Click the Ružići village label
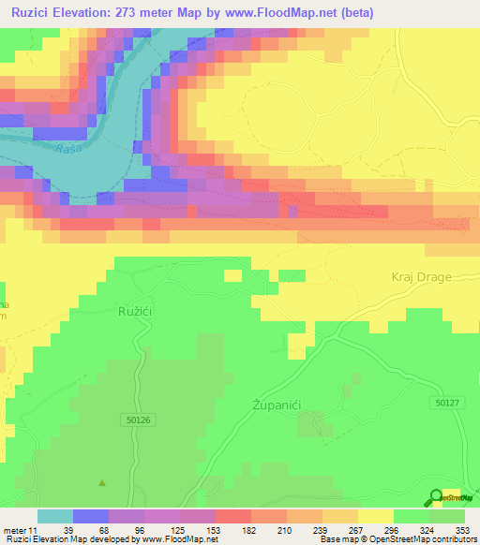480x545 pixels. pyautogui.click(x=136, y=309)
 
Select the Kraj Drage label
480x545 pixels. pyautogui.click(x=422, y=277)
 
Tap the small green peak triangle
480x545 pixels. pyautogui.click(x=102, y=483)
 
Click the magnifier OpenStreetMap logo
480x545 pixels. pyautogui.click(x=436, y=496)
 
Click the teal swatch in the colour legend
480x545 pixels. pyautogui.click(x=55, y=516)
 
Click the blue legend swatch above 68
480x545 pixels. pyautogui.click(x=91, y=516)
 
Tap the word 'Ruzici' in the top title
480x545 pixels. pyautogui.click(x=37, y=12)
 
